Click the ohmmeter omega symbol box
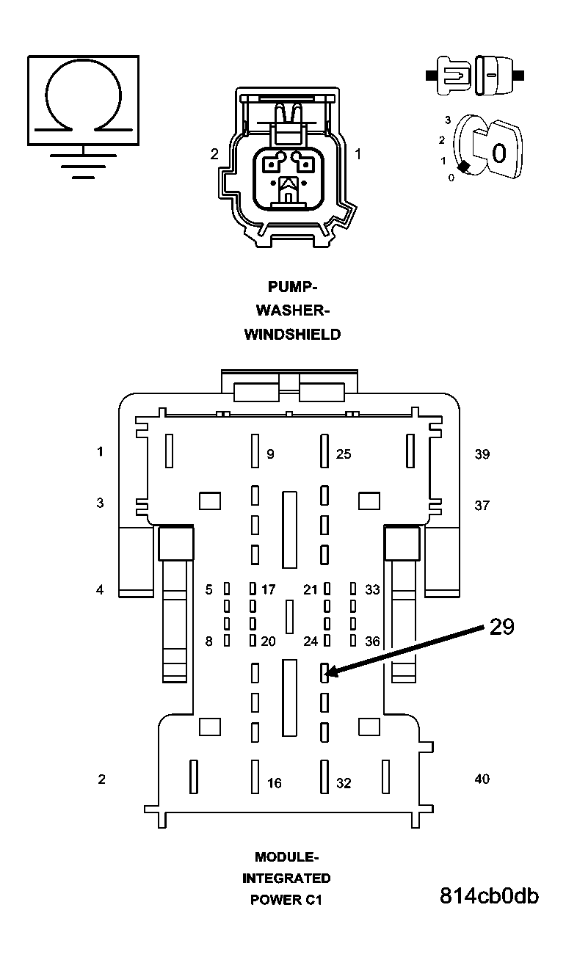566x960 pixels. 83,99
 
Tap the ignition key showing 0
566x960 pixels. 496,151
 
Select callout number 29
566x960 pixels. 501,627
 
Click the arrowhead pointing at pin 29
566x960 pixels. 330,672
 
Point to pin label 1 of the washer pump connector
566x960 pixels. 358,154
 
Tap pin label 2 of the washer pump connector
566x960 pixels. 214,154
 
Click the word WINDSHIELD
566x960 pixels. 292,335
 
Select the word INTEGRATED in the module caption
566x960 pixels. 286,878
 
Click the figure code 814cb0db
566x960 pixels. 489,896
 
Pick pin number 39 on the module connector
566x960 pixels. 482,454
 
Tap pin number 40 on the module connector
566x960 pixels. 482,779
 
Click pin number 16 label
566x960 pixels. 274,783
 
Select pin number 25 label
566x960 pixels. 344,454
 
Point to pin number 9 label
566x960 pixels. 270,454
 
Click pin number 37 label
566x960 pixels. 482,505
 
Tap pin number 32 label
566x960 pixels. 344,783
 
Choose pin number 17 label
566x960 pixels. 269,589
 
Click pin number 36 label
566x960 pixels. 372,641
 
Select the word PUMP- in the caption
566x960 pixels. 293,286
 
